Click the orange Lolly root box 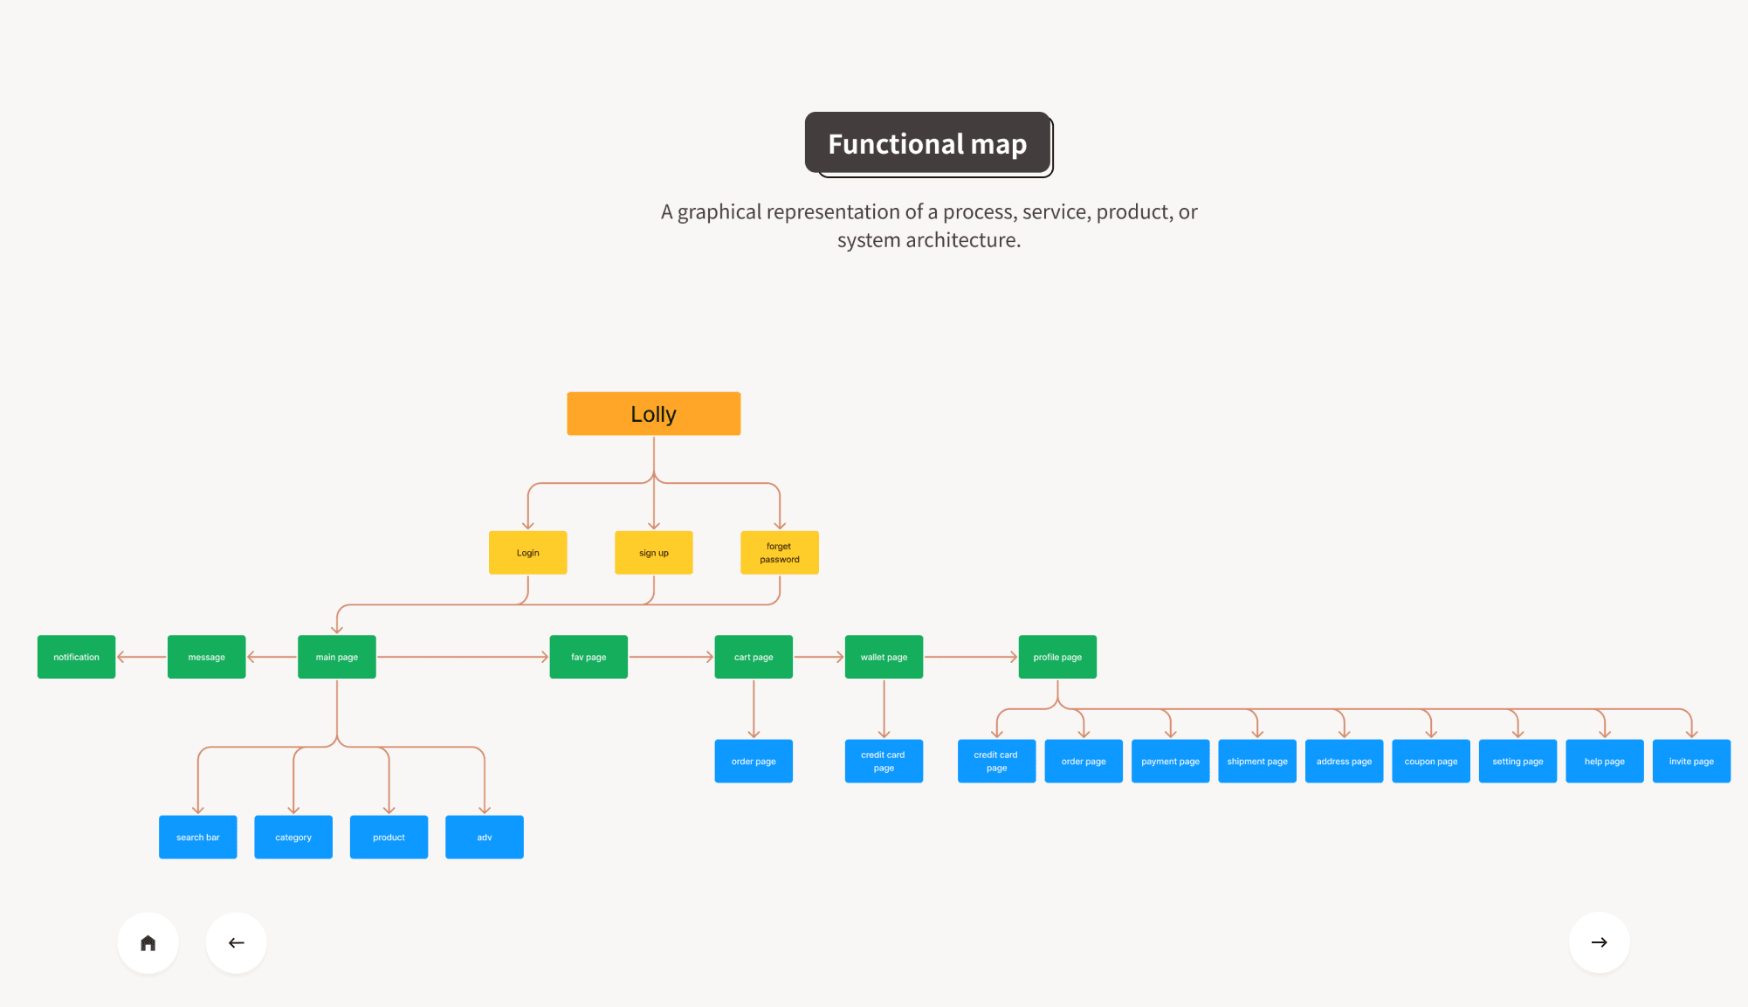coord(653,414)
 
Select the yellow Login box coord(527,553)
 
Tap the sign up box coord(653,553)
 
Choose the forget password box coord(779,553)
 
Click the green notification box coord(76,657)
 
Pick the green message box coord(206,657)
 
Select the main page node coord(336,657)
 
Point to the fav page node coord(588,657)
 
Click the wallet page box coord(884,657)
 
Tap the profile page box coord(1057,657)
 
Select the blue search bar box coord(197,837)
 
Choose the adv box coord(484,837)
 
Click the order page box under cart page coord(754,761)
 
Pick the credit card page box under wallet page coord(884,761)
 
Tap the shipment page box coord(1256,761)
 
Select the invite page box coord(1691,761)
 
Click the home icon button coord(148,942)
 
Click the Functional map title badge coord(928,144)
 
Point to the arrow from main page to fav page coord(463,657)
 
